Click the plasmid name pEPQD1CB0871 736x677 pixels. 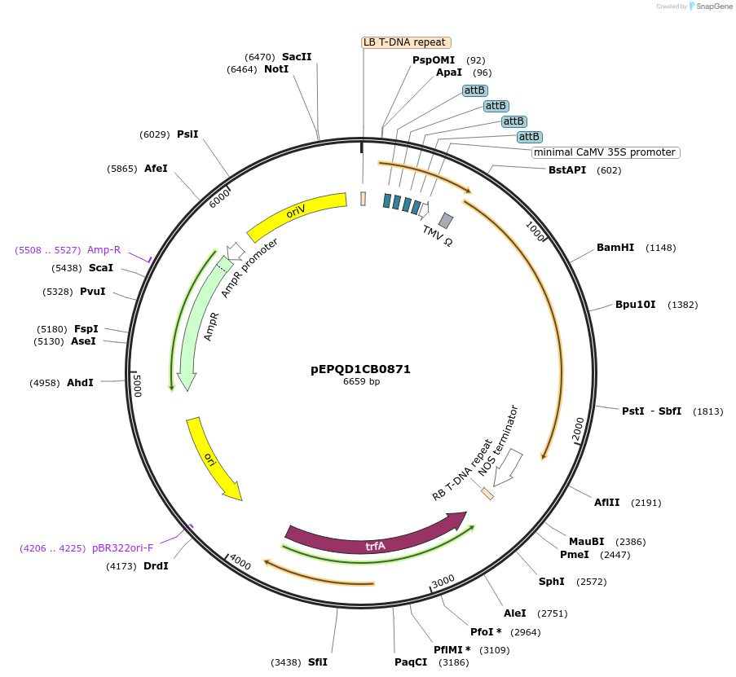pyautogui.click(x=360, y=369)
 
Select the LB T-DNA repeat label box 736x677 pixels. pyautogui.click(x=405, y=42)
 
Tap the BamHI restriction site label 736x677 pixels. pyautogui.click(x=615, y=248)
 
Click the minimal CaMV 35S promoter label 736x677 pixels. pyautogui.click(x=606, y=152)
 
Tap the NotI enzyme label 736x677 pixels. pyautogui.click(x=276, y=70)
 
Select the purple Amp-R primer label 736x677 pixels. pyautogui.click(x=104, y=250)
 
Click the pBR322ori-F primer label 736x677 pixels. pyautogui.click(x=122, y=548)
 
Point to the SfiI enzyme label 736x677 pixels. pyautogui.click(x=317, y=662)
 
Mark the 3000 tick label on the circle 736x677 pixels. pyautogui.click(x=443, y=581)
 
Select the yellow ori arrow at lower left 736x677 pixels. pyautogui.click(x=214, y=459)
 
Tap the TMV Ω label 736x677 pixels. pyautogui.click(x=438, y=236)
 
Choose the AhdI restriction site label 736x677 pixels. pyautogui.click(x=80, y=383)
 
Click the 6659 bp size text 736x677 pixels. pyautogui.click(x=361, y=381)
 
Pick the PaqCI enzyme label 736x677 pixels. pyautogui.click(x=410, y=662)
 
